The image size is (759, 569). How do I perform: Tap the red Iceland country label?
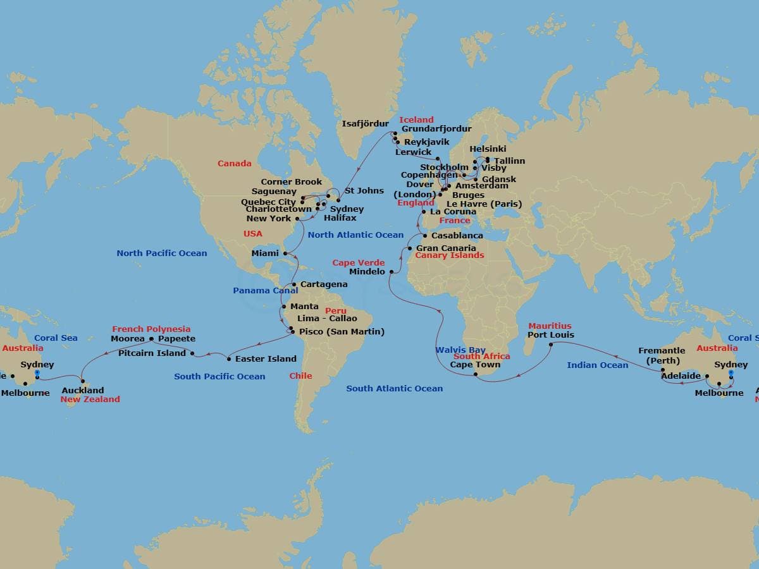tap(416, 119)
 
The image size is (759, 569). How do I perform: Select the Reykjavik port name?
tap(427, 142)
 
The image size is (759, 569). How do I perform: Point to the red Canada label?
tap(235, 163)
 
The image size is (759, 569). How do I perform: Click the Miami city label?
tap(265, 253)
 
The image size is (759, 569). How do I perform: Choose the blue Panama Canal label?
tap(265, 290)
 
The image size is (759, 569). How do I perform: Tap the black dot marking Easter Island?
tap(229, 358)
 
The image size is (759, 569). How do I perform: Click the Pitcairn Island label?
tap(152, 353)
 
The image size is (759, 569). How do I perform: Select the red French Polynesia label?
tap(151, 329)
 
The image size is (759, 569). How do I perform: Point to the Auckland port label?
tap(83, 390)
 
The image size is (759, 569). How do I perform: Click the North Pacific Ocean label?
tap(161, 253)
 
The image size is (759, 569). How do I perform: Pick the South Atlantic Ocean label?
tap(394, 388)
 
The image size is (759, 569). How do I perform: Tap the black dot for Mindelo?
tap(392, 272)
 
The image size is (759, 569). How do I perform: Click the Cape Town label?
tap(475, 364)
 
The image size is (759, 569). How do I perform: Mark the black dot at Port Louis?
tap(551, 345)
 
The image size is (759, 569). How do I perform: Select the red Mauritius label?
tap(550, 326)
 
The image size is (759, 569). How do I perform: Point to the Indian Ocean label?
tap(598, 365)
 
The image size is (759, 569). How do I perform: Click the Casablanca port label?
tap(457, 235)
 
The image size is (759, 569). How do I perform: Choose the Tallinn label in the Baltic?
tap(509, 161)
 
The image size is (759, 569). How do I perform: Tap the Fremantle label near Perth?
tap(662, 351)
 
